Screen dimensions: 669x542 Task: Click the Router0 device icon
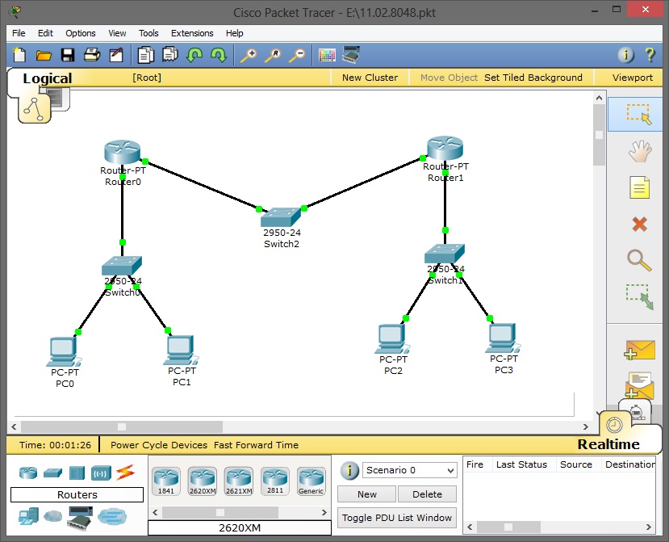tap(122, 151)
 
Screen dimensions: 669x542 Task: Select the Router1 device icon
tap(445, 148)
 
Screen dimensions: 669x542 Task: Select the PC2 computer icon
tap(391, 338)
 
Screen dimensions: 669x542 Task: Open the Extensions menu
tap(192, 33)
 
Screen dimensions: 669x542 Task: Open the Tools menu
tap(148, 33)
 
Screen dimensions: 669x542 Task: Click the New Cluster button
tap(370, 78)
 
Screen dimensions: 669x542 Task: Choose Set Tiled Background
tap(533, 78)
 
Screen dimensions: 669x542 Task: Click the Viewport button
tap(632, 78)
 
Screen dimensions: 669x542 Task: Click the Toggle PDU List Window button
tap(397, 518)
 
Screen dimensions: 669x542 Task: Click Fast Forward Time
tap(257, 445)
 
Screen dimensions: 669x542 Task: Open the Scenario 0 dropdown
tap(409, 470)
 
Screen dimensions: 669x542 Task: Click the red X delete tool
tap(639, 224)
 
